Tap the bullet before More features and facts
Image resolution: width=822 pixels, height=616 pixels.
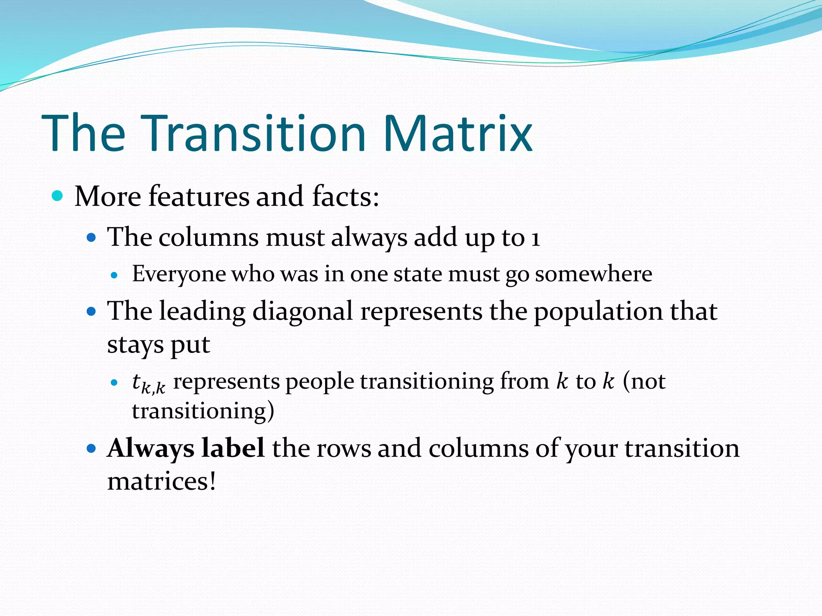(58, 196)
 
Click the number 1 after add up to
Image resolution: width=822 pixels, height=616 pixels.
(535, 238)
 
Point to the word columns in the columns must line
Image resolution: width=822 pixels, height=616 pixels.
(208, 237)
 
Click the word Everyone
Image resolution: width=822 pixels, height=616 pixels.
(179, 274)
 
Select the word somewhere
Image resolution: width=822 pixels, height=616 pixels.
(593, 274)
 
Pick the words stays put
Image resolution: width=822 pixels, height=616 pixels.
(159, 345)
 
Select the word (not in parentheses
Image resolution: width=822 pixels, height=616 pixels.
(644, 381)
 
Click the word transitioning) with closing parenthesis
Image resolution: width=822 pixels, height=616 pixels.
(203, 411)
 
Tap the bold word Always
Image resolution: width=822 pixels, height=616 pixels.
(151, 449)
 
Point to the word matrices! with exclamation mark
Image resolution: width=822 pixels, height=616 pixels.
(161, 481)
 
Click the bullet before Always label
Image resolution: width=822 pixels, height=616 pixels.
(92, 448)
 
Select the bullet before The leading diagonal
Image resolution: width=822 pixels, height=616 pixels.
(92, 311)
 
